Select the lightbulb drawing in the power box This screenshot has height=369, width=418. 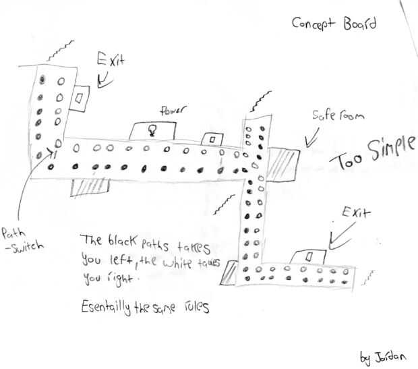(x=152, y=130)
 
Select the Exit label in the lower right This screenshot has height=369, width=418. (x=353, y=214)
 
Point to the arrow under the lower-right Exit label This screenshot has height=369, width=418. (x=338, y=236)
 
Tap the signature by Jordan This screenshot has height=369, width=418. (x=379, y=354)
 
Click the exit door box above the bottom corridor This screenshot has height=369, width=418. (x=307, y=257)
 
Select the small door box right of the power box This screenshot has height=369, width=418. (x=213, y=138)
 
